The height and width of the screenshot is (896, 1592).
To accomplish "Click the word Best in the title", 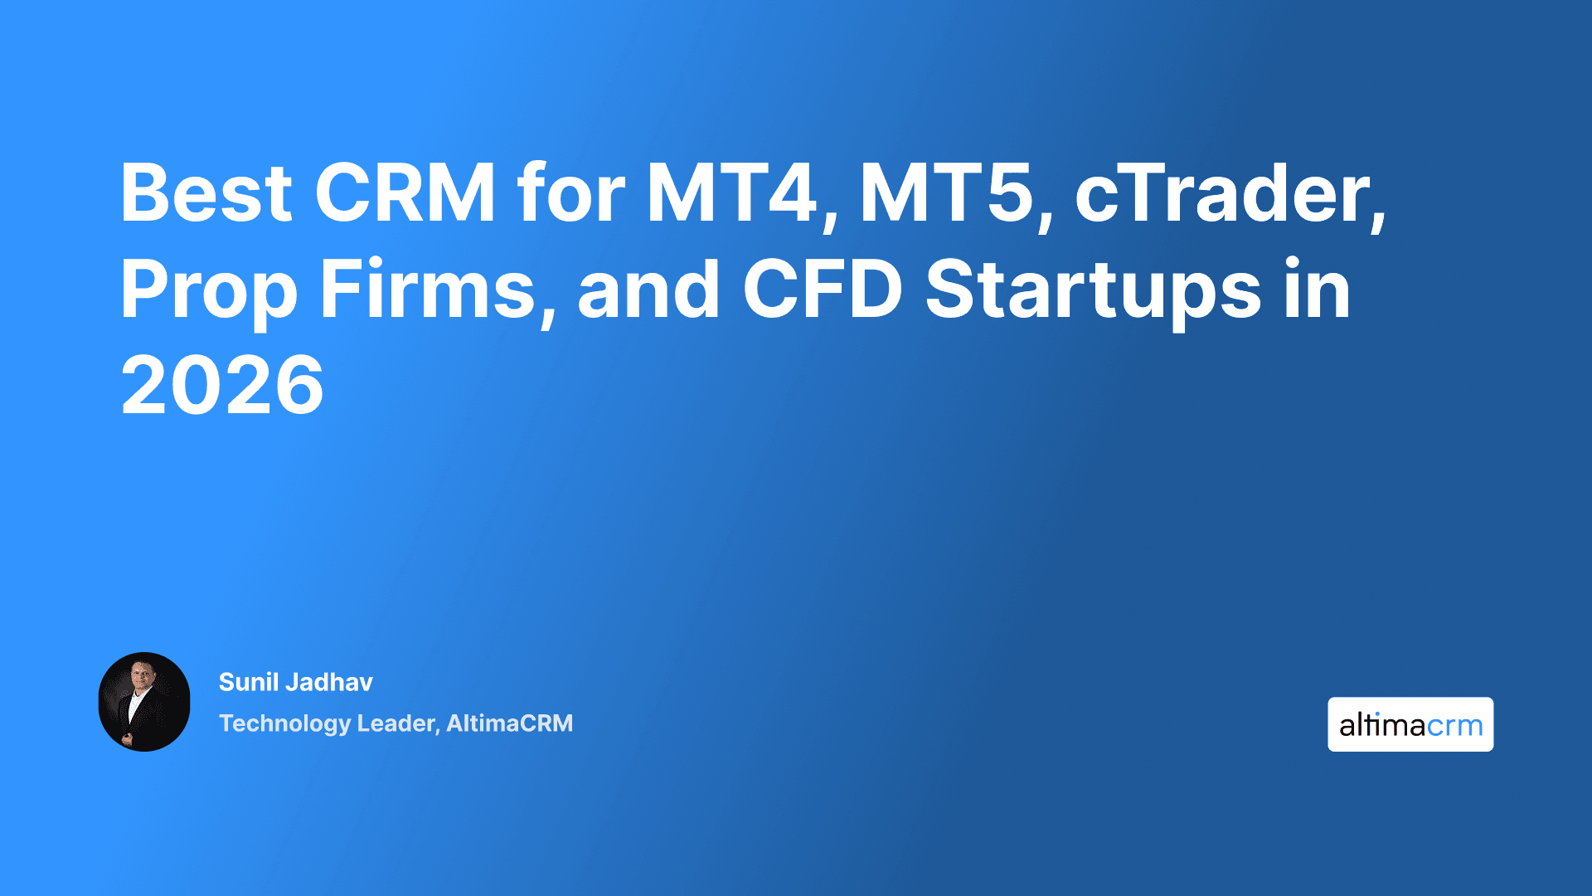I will [x=206, y=193].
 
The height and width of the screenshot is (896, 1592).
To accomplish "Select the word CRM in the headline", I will [x=405, y=193].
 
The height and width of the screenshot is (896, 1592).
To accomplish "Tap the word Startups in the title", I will [x=1093, y=290].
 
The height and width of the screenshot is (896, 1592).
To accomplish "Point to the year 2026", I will [x=222, y=385].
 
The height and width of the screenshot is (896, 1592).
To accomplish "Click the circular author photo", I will [x=144, y=702].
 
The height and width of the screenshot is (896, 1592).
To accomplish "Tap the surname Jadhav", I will [x=329, y=682].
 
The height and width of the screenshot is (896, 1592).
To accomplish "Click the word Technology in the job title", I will [x=284, y=723].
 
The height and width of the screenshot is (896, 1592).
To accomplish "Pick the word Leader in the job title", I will [x=397, y=723].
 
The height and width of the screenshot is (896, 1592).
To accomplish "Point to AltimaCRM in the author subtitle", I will [x=509, y=723].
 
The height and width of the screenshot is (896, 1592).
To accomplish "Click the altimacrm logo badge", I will [x=1410, y=724].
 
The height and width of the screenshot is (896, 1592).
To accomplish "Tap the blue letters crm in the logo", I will [x=1455, y=727].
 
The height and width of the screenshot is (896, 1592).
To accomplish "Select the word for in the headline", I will [x=570, y=193].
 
